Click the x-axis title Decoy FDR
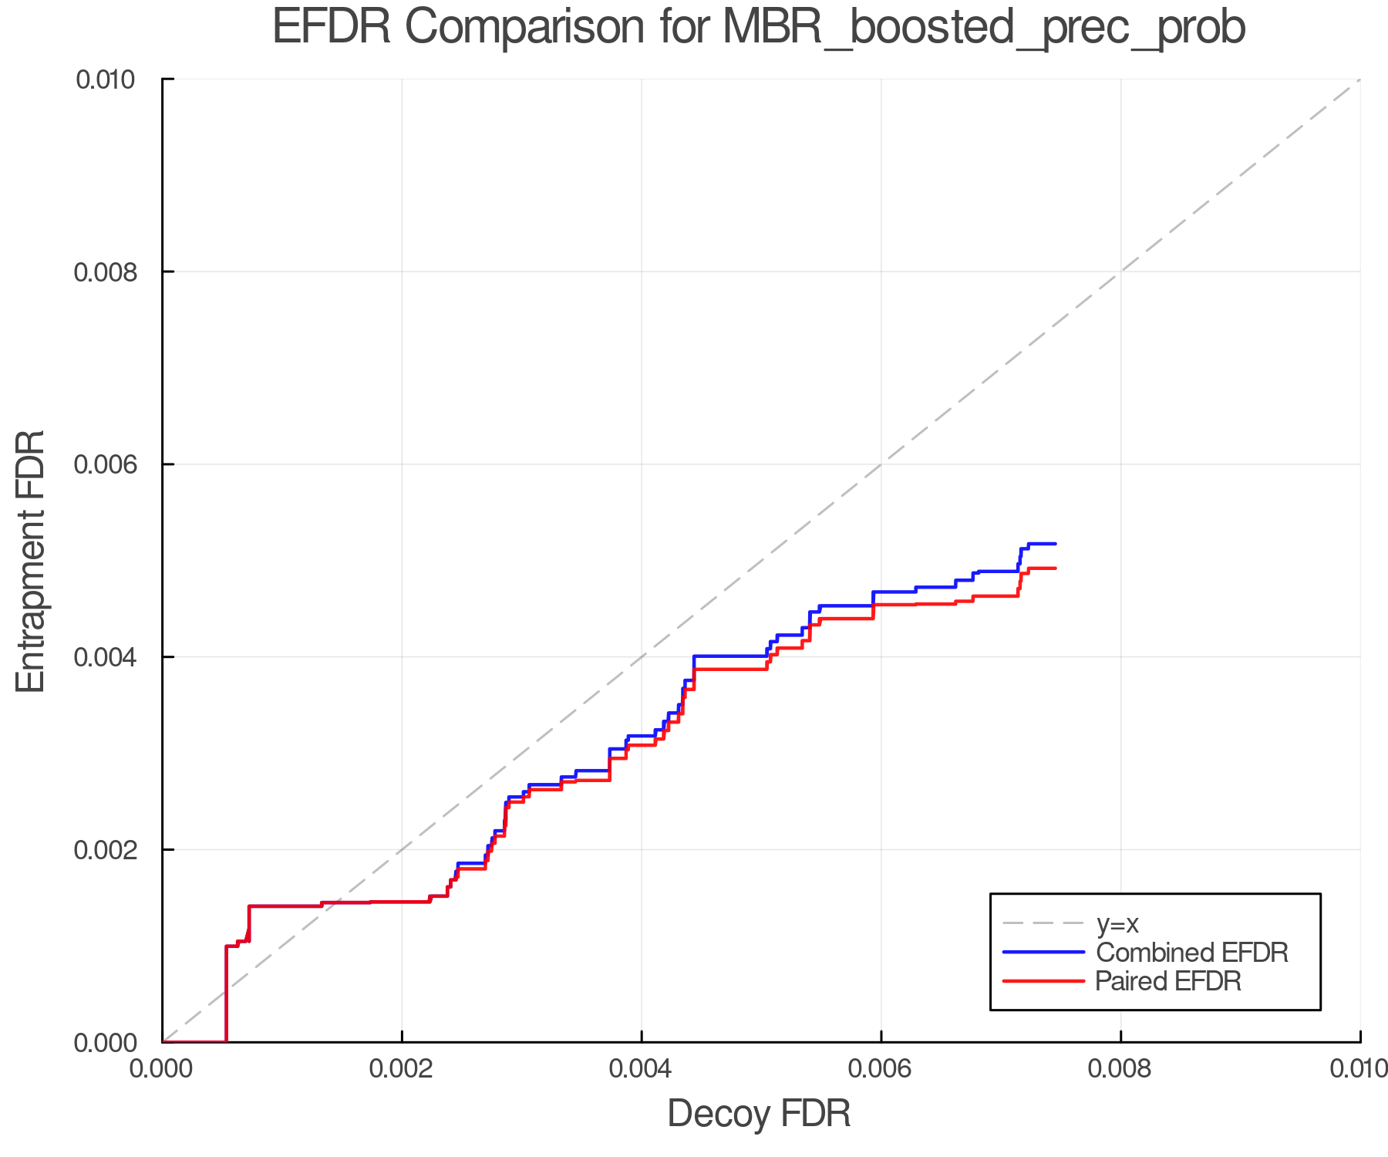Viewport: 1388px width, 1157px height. click(x=759, y=1114)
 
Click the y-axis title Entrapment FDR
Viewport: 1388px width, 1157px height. click(x=32, y=562)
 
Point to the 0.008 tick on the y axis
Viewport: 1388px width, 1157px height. click(x=113, y=272)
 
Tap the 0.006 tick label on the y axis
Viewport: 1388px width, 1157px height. click(x=113, y=464)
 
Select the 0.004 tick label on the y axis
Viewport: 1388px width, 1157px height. click(x=113, y=657)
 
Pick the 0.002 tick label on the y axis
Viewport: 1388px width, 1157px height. click(x=113, y=850)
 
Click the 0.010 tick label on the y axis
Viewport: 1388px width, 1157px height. click(x=113, y=79)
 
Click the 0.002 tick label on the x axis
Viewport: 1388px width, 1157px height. click(x=402, y=1069)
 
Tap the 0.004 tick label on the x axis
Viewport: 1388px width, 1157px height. click(x=642, y=1069)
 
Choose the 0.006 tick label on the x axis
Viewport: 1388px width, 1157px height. click(x=881, y=1069)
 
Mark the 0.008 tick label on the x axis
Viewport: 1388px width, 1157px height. click(x=1120, y=1069)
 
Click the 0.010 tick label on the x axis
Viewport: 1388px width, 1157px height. click(x=1359, y=1069)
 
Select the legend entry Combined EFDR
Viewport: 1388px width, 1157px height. click(x=1191, y=953)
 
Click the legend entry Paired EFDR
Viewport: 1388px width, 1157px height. click(x=1168, y=981)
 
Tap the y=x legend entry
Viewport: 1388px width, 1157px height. click(x=1117, y=923)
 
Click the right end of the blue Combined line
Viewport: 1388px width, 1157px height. click(x=1056, y=544)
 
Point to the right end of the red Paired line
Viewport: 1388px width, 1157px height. click(x=1056, y=568)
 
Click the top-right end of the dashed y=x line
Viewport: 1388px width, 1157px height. click(x=1359, y=79)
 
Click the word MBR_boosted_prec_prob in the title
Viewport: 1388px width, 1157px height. click(x=984, y=28)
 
